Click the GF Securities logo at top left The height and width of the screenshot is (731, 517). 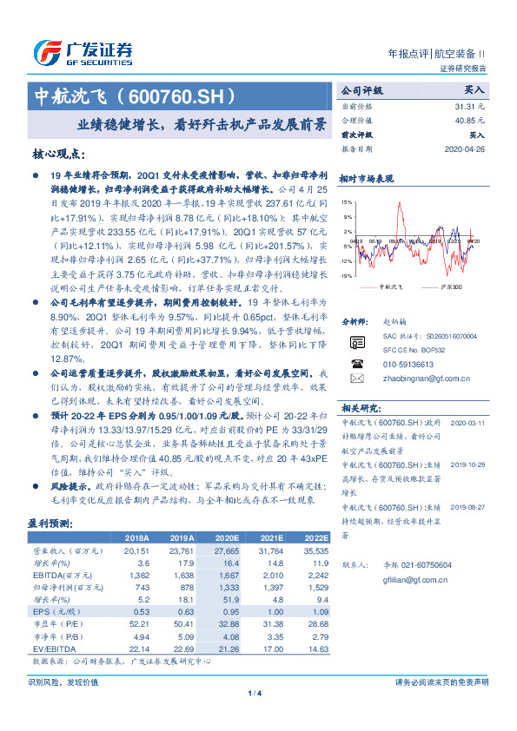pyautogui.click(x=83, y=52)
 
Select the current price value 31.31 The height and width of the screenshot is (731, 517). pyautogui.click(x=465, y=106)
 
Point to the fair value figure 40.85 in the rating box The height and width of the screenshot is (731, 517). pyautogui.click(x=465, y=121)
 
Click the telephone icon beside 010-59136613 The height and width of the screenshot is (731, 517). pyautogui.click(x=356, y=364)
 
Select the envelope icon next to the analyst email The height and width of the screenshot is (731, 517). pyautogui.click(x=356, y=379)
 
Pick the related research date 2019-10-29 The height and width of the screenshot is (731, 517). pyautogui.click(x=467, y=464)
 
